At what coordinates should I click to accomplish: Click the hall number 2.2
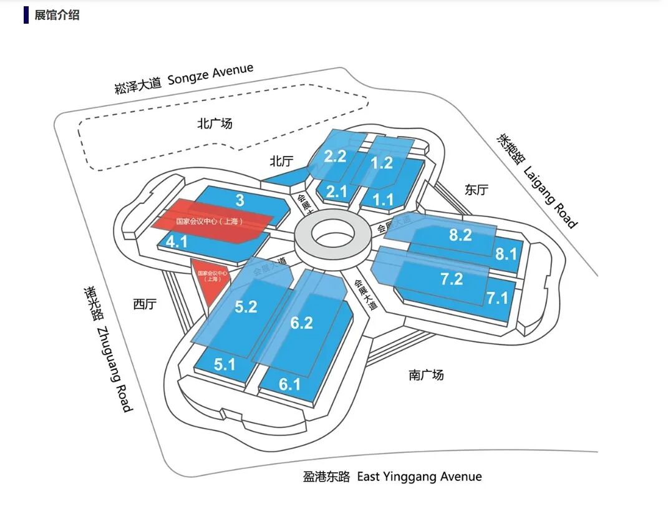pyautogui.click(x=335, y=155)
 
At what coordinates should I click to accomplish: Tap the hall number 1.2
pyautogui.click(x=382, y=163)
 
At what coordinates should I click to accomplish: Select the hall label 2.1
pyautogui.click(x=336, y=191)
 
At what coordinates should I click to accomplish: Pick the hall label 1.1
pyautogui.click(x=382, y=200)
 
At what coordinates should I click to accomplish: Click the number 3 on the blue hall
pyautogui.click(x=240, y=200)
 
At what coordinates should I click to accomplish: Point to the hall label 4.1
pyautogui.click(x=177, y=241)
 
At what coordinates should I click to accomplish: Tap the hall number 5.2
pyautogui.click(x=246, y=307)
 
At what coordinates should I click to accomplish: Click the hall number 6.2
pyautogui.click(x=301, y=323)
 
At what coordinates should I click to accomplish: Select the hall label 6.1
pyautogui.click(x=289, y=384)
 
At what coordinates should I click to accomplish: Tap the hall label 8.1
pyautogui.click(x=506, y=254)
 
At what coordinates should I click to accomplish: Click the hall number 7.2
pyautogui.click(x=451, y=279)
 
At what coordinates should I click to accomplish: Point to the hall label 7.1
pyautogui.click(x=498, y=298)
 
